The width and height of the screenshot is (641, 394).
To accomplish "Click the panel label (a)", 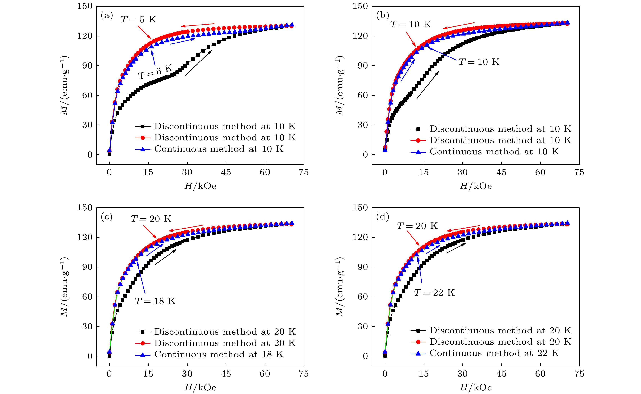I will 107,16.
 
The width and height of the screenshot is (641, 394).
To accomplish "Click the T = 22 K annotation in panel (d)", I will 434,293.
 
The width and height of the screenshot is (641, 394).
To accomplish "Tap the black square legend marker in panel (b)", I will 418,129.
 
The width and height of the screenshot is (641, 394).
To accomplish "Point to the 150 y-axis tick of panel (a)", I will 85,6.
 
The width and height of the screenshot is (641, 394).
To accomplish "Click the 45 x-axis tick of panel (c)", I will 226,374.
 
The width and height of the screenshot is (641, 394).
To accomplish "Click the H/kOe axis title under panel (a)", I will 200,186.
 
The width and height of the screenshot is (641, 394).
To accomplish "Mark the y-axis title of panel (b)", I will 339,85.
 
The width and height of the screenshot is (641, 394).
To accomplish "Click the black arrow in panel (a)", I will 198,63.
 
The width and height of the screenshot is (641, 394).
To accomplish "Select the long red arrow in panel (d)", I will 463,228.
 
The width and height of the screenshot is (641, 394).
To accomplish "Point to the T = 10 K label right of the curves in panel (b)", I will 479,62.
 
